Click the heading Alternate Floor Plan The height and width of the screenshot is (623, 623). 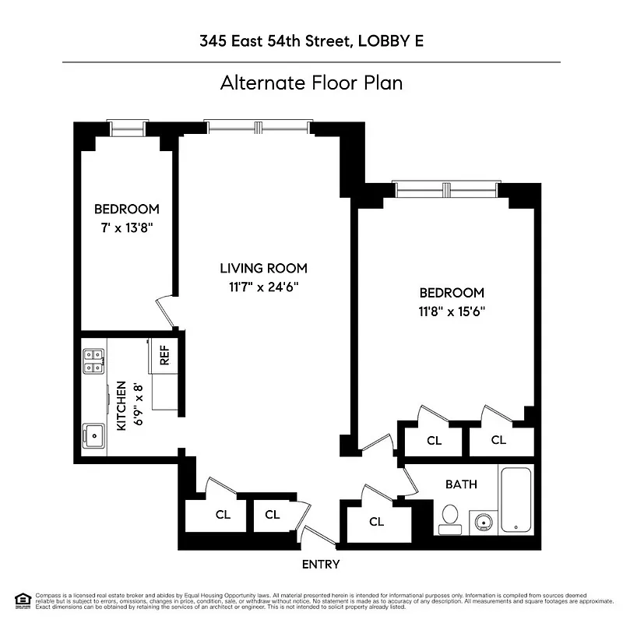tap(311, 83)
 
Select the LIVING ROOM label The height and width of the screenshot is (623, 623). tap(263, 269)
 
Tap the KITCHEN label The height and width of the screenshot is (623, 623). tap(121, 406)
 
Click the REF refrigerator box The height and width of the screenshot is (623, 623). tap(164, 354)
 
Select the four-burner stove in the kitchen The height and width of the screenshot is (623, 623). tap(94, 358)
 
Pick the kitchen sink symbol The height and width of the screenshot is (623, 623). tap(94, 434)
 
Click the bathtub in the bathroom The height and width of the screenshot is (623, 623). tap(516, 499)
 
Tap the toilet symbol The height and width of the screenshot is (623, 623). tap(449, 518)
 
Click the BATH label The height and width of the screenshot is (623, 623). tap(461, 484)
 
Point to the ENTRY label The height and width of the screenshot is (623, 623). tap(321, 564)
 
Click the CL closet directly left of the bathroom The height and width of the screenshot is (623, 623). tap(376, 522)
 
